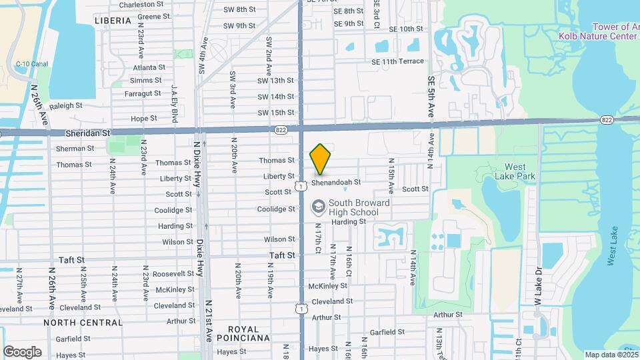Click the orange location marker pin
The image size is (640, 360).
321,159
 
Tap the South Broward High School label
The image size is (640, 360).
354,207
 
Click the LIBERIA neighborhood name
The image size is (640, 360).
113,21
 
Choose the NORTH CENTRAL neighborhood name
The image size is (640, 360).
83,323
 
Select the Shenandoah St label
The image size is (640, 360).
336,182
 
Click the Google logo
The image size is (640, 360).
23,351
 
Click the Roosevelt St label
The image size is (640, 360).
173,274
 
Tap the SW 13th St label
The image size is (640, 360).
277,81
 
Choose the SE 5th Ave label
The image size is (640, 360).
431,97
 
